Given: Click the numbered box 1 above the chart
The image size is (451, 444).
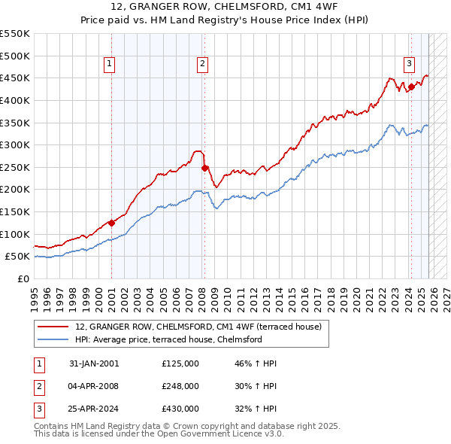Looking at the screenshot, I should (110, 64).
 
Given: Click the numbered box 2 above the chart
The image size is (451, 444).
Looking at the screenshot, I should (203, 64).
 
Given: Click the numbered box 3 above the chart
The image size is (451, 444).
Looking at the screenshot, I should (409, 64).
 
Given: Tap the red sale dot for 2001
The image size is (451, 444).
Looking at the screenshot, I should (111, 223).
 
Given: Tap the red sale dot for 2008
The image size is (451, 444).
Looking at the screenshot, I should (204, 168).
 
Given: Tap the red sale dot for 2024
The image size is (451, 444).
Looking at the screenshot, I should (411, 87).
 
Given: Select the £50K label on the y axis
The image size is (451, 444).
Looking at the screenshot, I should (17, 257).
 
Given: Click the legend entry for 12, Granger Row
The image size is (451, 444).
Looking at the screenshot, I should (198, 327).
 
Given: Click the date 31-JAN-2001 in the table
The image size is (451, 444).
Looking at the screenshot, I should (94, 363).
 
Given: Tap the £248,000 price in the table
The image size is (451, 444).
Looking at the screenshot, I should (180, 386).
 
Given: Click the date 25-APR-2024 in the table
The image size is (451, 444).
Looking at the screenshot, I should (94, 409).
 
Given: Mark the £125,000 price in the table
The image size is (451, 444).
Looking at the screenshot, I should (180, 363).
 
